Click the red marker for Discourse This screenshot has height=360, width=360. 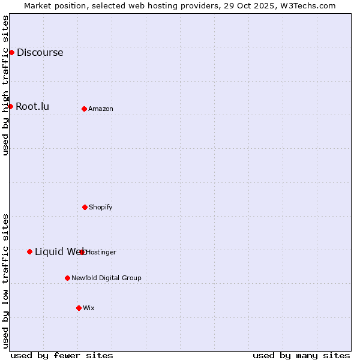(11, 52)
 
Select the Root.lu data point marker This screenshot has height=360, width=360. (10, 106)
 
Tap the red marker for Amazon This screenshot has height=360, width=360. (84, 109)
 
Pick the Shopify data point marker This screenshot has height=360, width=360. (85, 207)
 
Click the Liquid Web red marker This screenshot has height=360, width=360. (29, 251)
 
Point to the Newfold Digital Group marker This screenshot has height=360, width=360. (67, 278)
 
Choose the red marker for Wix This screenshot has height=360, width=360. (79, 308)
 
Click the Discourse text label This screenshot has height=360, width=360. (40, 52)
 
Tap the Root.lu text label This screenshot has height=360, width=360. (32, 106)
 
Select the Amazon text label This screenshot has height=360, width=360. (101, 109)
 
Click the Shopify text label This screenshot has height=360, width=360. (101, 207)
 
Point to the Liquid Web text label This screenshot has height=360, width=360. (59, 251)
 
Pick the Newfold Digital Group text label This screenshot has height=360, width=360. (106, 278)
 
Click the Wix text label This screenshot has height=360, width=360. (89, 308)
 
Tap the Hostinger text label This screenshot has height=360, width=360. (101, 252)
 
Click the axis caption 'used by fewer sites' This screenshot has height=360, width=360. (62, 355)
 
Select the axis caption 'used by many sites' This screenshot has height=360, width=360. (301, 355)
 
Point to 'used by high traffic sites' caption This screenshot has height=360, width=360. (5, 85)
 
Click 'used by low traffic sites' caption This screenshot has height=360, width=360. (5, 281)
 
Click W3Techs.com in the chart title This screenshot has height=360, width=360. (305, 5)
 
